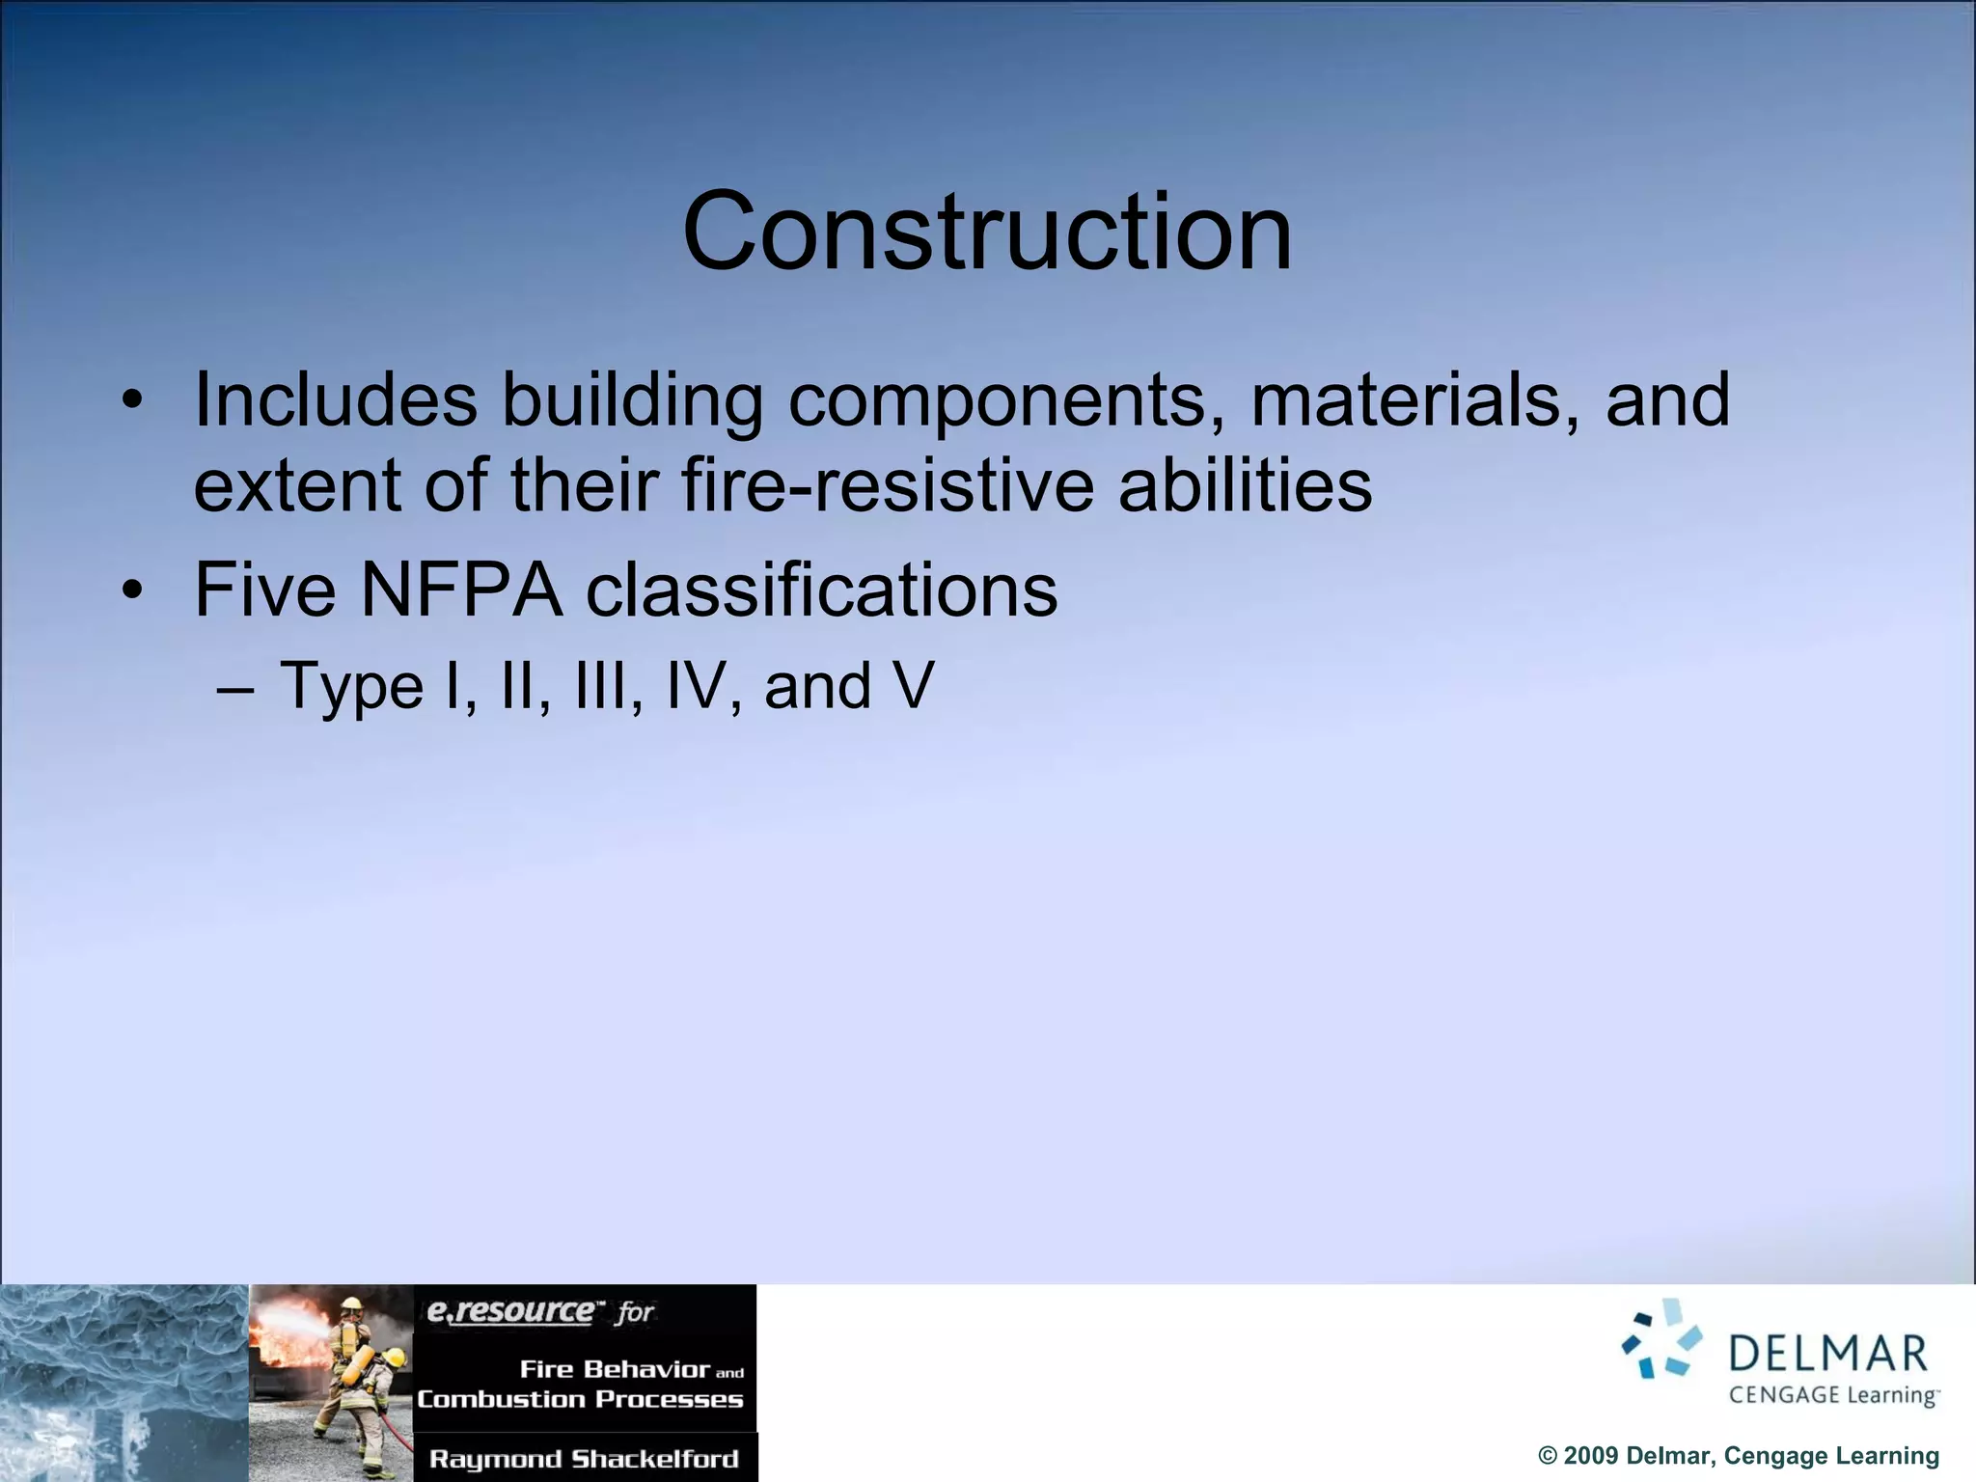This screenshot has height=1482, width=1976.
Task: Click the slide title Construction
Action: (x=986, y=233)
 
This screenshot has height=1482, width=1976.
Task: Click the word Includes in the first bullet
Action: (x=335, y=399)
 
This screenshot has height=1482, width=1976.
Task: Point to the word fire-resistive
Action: (x=888, y=484)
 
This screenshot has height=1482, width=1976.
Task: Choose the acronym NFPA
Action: (x=460, y=590)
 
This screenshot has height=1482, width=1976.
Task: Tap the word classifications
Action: (x=821, y=590)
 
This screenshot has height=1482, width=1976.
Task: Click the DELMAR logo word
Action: (x=1827, y=1354)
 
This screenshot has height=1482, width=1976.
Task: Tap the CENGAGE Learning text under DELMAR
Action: (x=1832, y=1395)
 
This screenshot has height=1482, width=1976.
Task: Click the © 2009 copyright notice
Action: (x=1738, y=1456)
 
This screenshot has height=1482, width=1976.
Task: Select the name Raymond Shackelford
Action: (x=584, y=1459)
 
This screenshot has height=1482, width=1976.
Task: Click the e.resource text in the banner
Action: (x=511, y=1312)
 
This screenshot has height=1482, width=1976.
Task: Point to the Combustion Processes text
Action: (x=580, y=1399)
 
